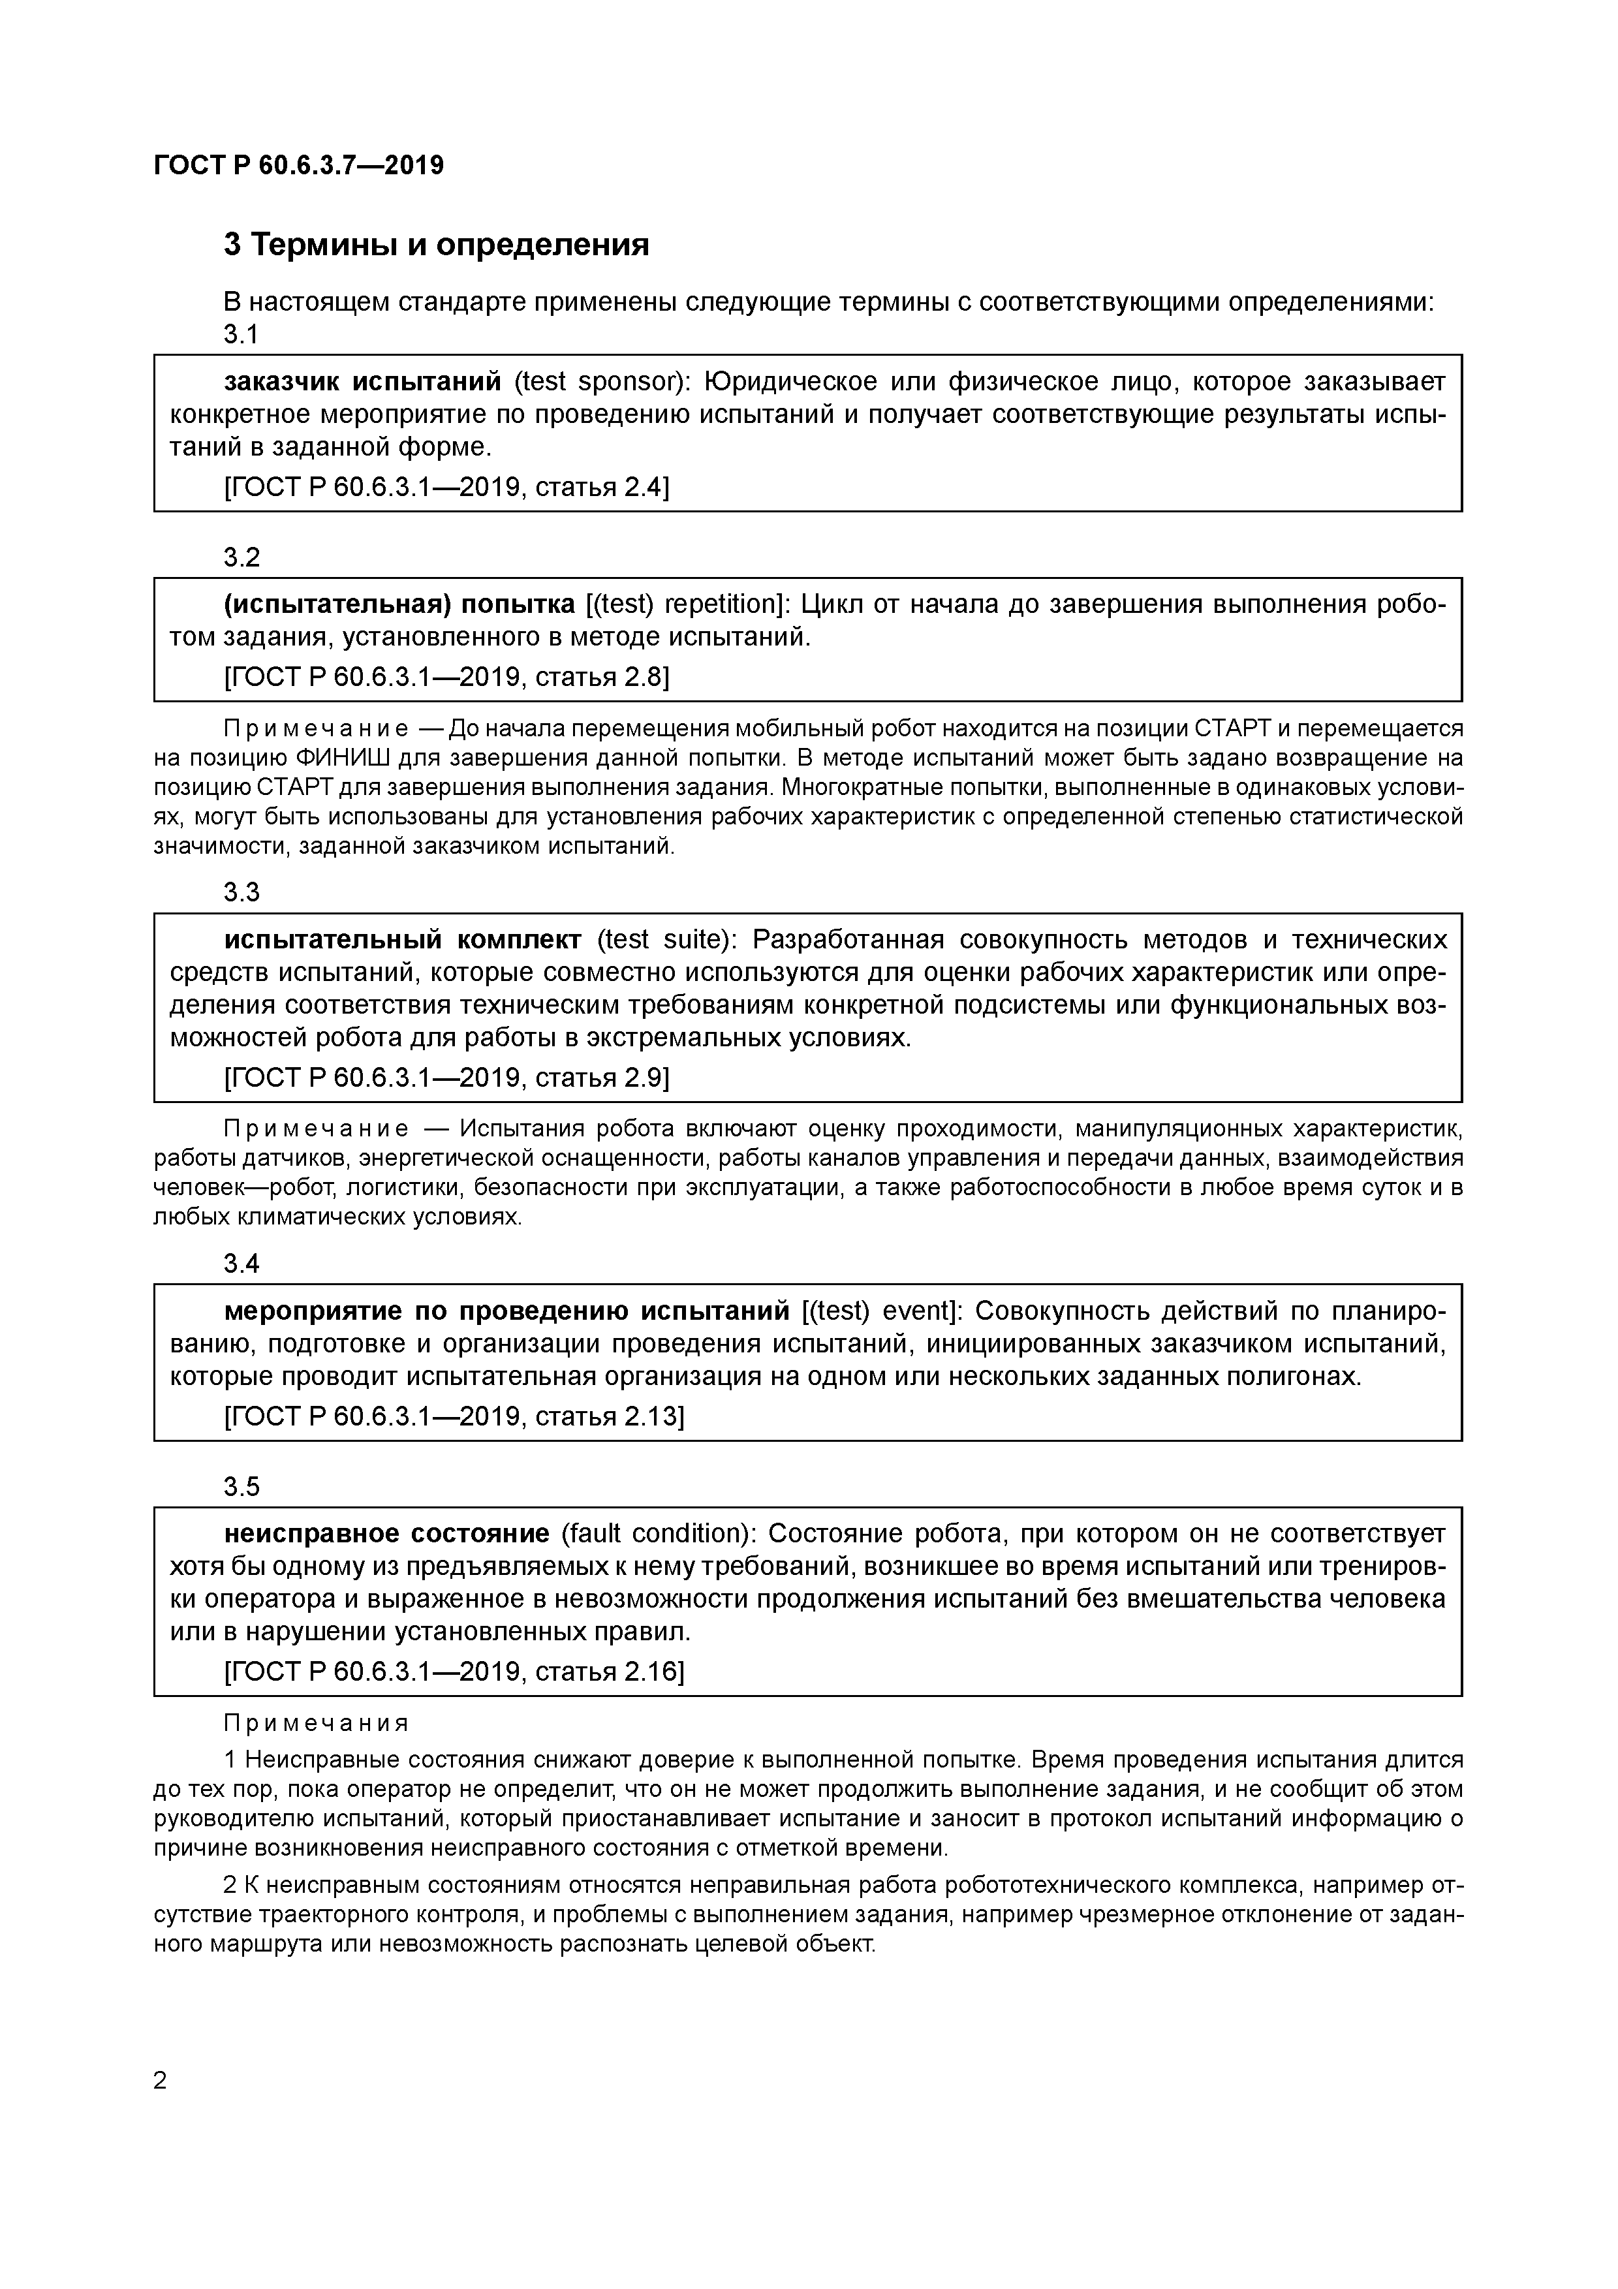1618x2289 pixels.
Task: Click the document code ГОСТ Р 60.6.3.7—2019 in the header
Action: pyautogui.click(x=299, y=166)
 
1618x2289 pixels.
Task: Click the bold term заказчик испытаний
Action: pyautogui.click(x=362, y=382)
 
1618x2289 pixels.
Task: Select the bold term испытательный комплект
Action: pyautogui.click(x=403, y=940)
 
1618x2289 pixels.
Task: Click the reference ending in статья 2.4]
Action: pyautogui.click(x=446, y=488)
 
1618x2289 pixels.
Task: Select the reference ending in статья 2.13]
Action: pyautogui.click(x=454, y=1416)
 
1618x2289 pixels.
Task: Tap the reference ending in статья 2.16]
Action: pyautogui.click(x=454, y=1672)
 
